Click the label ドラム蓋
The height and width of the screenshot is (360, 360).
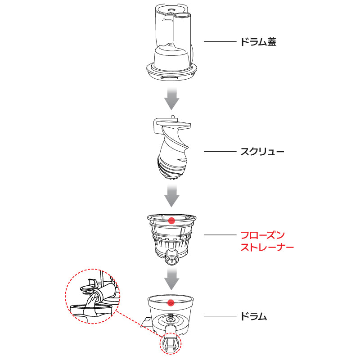(x=258, y=42)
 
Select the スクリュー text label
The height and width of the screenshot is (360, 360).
(x=262, y=152)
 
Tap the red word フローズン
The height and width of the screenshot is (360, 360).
(x=263, y=235)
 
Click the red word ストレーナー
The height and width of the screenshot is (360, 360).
(x=267, y=247)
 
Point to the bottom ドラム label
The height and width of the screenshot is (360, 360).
(x=253, y=316)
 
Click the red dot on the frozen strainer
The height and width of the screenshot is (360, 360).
(x=171, y=220)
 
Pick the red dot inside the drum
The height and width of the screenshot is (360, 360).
(x=171, y=302)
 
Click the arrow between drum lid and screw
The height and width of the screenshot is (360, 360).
(x=171, y=99)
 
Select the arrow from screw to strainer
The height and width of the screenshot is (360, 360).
(x=171, y=195)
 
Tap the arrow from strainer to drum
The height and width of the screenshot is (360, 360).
(x=171, y=279)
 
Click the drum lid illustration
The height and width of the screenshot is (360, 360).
(x=172, y=42)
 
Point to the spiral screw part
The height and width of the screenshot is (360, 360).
(x=172, y=148)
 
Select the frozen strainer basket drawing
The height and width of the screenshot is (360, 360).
(x=172, y=239)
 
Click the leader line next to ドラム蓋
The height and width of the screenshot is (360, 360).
(x=220, y=41)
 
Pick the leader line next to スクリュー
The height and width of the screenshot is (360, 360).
(x=220, y=152)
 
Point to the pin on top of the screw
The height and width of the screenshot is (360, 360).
(x=172, y=117)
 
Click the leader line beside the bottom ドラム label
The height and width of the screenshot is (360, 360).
(x=220, y=316)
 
